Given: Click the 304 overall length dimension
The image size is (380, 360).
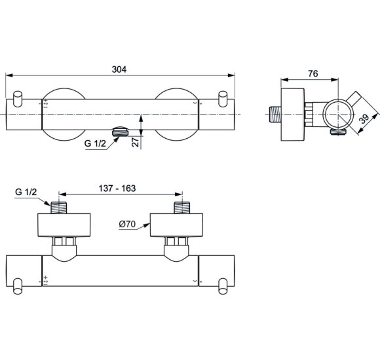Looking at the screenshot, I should point(119,67).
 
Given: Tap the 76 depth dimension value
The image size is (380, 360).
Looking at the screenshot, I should point(313,75).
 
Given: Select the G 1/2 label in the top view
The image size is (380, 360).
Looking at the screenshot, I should point(26,192).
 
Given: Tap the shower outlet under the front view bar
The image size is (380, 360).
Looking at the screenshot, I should point(121,132).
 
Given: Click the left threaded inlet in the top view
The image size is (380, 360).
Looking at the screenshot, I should point(60,208).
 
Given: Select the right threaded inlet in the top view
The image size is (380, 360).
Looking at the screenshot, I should point(181,208).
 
